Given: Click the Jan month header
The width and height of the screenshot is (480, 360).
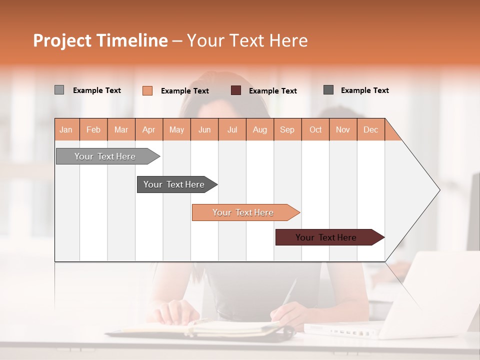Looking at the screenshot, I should click(x=66, y=129).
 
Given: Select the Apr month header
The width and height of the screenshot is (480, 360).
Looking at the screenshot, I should click(x=148, y=129).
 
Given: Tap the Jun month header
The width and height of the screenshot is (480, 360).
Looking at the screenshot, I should click(x=204, y=129).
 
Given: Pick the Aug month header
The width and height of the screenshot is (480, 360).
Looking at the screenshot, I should click(x=259, y=129).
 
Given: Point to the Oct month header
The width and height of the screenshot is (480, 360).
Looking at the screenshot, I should click(x=315, y=129).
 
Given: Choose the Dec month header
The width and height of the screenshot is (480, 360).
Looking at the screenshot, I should click(x=370, y=129).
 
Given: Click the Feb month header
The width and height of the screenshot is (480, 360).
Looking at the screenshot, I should click(x=93, y=129).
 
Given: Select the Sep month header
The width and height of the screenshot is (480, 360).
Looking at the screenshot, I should click(x=287, y=129).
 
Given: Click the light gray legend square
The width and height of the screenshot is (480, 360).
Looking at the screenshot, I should click(x=59, y=90).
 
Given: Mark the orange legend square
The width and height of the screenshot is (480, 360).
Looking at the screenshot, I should click(x=147, y=90).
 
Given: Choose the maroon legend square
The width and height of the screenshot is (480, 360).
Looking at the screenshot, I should click(x=236, y=90).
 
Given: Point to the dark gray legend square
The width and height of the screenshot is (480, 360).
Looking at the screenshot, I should click(x=328, y=90).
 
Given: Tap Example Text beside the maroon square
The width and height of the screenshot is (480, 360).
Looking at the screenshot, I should click(x=272, y=91).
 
